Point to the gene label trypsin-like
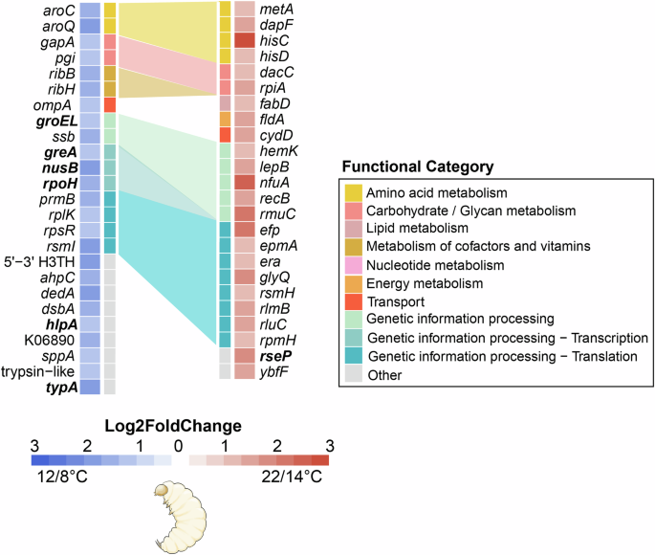(x=36, y=371)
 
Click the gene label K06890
(x=49, y=340)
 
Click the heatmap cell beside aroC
(x=89, y=10)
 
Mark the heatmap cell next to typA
(x=89, y=387)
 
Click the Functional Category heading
(x=421, y=166)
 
